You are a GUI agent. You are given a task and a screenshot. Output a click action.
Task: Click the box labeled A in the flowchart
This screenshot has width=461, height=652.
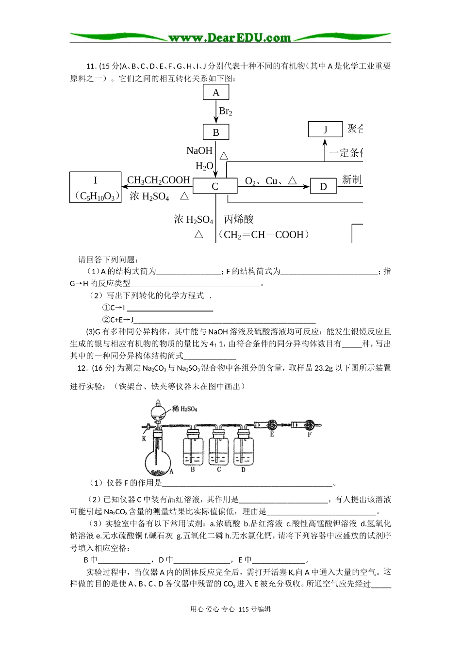click(x=216, y=93)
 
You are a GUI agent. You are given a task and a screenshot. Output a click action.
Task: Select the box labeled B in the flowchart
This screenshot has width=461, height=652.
click(x=216, y=132)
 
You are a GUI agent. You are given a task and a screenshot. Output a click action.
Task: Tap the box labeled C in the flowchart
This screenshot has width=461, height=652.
click(x=215, y=186)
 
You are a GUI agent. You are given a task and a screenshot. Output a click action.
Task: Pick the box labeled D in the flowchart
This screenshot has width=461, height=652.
click(x=323, y=186)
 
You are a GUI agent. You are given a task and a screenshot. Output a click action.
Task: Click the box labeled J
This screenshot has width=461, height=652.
click(x=325, y=130)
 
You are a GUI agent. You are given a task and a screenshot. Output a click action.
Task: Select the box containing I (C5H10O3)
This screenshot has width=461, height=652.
click(x=96, y=187)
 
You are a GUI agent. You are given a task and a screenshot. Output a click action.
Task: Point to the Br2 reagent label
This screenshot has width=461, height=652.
click(x=226, y=112)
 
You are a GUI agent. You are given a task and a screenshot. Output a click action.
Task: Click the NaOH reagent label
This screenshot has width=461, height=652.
click(x=199, y=151)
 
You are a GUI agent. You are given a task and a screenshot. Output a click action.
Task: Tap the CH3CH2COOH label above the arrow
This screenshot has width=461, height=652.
click(x=159, y=180)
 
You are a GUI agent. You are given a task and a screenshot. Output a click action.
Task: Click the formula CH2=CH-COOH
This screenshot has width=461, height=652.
click(x=264, y=235)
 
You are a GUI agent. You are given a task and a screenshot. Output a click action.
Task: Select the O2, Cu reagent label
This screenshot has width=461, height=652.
click(x=271, y=181)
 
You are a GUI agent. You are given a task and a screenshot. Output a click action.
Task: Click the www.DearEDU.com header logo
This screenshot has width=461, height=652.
click(x=230, y=37)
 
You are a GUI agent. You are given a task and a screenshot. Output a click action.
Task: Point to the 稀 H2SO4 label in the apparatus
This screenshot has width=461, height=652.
click(x=185, y=409)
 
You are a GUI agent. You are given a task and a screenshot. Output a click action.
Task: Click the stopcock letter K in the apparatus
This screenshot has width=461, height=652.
click(x=144, y=439)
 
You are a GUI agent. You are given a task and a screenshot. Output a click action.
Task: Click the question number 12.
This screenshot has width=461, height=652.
click(x=82, y=368)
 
